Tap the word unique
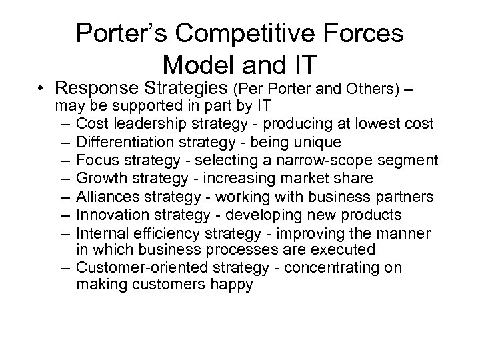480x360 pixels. [x=319, y=142]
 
